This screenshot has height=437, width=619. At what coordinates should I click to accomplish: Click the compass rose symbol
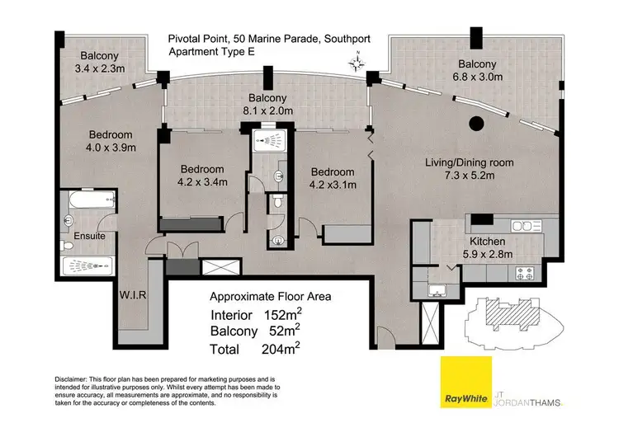(x=357, y=63)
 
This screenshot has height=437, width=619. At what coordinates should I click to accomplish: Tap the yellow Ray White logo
(x=466, y=383)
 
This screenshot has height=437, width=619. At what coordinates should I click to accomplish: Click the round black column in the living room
(x=476, y=124)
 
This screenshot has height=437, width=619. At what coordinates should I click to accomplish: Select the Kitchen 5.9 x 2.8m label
(x=488, y=247)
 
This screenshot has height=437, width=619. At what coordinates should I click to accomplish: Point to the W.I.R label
(x=133, y=294)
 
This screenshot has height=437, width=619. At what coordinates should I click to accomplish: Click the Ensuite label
(x=90, y=236)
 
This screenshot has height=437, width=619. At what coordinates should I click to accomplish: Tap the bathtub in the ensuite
(x=92, y=200)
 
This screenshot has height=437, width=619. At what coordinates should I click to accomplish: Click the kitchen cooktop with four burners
(x=525, y=273)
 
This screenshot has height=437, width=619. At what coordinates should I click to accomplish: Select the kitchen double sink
(x=527, y=226)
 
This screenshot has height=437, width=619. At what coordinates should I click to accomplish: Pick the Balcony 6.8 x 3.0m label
(x=477, y=70)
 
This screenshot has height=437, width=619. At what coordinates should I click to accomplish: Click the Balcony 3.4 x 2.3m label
(x=100, y=62)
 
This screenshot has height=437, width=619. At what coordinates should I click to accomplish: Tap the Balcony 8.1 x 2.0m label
(x=267, y=105)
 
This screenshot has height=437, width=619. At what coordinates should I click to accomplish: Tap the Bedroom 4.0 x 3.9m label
(x=111, y=141)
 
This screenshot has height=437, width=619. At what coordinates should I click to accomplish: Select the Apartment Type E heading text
(x=211, y=52)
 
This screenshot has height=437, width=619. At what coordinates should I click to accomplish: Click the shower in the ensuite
(x=88, y=265)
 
